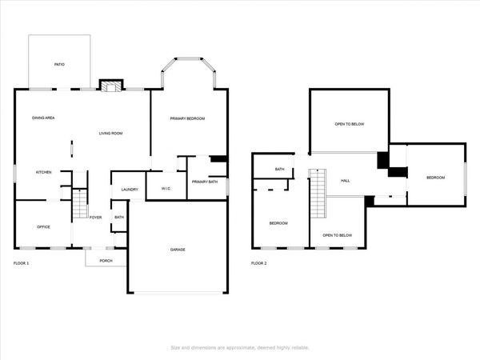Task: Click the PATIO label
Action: [x=59, y=64]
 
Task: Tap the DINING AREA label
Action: [x=43, y=118]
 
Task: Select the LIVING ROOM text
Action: [x=110, y=133]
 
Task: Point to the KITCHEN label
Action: [x=43, y=172]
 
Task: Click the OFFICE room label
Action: [x=43, y=226]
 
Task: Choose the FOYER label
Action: [x=95, y=217]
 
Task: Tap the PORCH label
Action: [x=106, y=261]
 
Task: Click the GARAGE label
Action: [x=178, y=250]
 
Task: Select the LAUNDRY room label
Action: [x=130, y=190]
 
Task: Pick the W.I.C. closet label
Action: [x=166, y=190]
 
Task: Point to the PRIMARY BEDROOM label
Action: [x=187, y=118]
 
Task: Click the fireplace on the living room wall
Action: [x=110, y=85]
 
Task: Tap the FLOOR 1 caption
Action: [x=22, y=263]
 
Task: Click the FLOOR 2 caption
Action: [x=259, y=263]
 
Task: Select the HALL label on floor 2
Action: [x=346, y=181]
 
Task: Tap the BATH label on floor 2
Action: [x=280, y=169]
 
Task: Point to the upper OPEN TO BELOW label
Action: [x=350, y=124]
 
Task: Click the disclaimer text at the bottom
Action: [x=240, y=347]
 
